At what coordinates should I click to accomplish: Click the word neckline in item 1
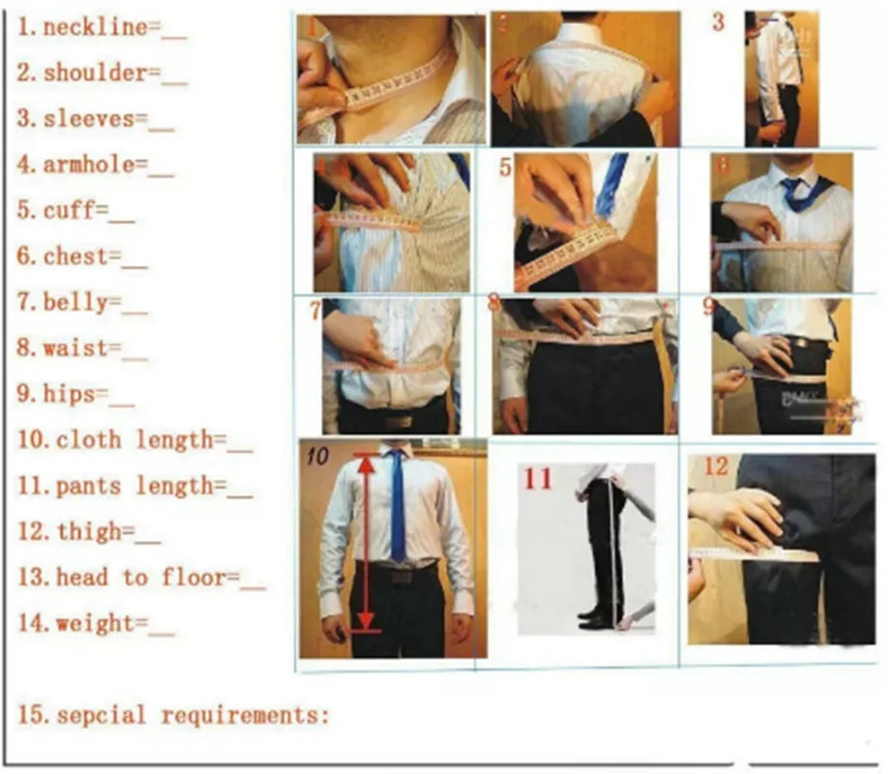(x=94, y=27)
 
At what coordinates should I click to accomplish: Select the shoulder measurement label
(x=94, y=74)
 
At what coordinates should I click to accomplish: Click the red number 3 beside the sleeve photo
(x=718, y=22)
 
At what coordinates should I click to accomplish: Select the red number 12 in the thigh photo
(x=715, y=468)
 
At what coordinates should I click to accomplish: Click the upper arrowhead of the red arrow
(x=366, y=462)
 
